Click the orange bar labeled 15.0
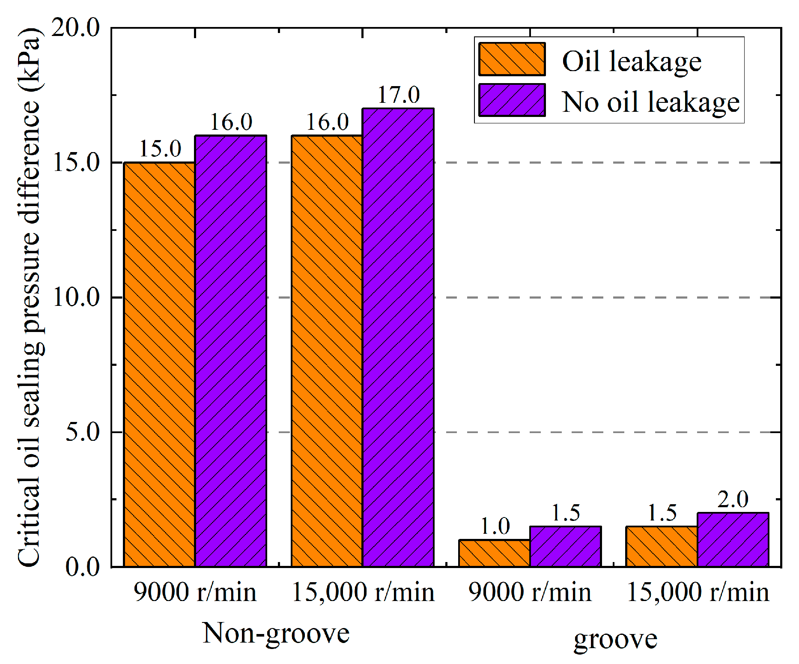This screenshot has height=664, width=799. pyautogui.click(x=160, y=364)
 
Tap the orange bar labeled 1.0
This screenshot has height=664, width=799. pyautogui.click(x=494, y=553)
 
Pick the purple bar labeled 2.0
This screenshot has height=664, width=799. pyautogui.click(x=733, y=540)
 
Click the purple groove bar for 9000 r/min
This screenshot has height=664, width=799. pyautogui.click(x=566, y=547)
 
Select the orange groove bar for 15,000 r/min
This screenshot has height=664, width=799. pyautogui.click(x=662, y=547)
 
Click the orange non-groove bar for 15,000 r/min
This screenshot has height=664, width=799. pyautogui.click(x=327, y=351)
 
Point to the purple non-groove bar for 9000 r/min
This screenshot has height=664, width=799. pyautogui.click(x=231, y=351)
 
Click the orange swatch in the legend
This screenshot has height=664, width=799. pyautogui.click(x=512, y=59)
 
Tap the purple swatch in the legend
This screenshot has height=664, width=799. pyautogui.click(x=512, y=100)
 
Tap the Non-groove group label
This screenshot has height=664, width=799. pyautogui.click(x=276, y=633)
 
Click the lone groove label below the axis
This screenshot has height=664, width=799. pyautogui.click(x=615, y=639)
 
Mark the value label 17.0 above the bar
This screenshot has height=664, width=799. pyautogui.click(x=399, y=95)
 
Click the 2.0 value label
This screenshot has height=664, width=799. pyautogui.click(x=733, y=499)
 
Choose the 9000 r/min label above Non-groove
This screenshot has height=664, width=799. pyautogui.click(x=195, y=592)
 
